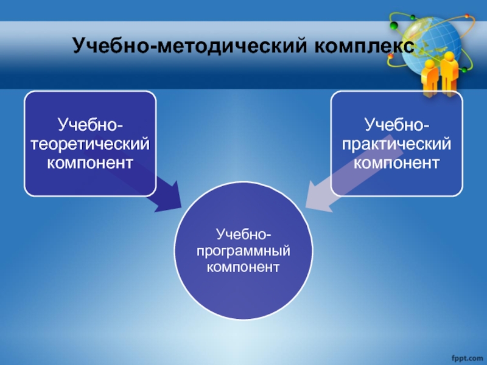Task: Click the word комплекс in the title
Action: pyautogui.click(x=364, y=47)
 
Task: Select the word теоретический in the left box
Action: pyautogui.click(x=90, y=144)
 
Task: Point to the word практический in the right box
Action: pyautogui.click(x=397, y=145)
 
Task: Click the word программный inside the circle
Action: pyautogui.click(x=243, y=251)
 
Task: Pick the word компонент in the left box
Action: pyautogui.click(x=90, y=163)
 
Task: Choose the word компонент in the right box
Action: pyautogui.click(x=397, y=163)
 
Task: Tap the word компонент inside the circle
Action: pyautogui.click(x=243, y=267)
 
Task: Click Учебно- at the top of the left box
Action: pyautogui.click(x=90, y=125)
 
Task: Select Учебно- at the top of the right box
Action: pyautogui.click(x=397, y=125)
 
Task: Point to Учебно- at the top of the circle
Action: pyautogui.click(x=243, y=234)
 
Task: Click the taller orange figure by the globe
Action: pyautogui.click(x=449, y=74)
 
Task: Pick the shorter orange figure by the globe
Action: pyautogui.click(x=430, y=78)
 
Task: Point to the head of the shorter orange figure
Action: pyautogui.click(x=430, y=64)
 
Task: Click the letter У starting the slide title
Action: pyautogui.click(x=79, y=45)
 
